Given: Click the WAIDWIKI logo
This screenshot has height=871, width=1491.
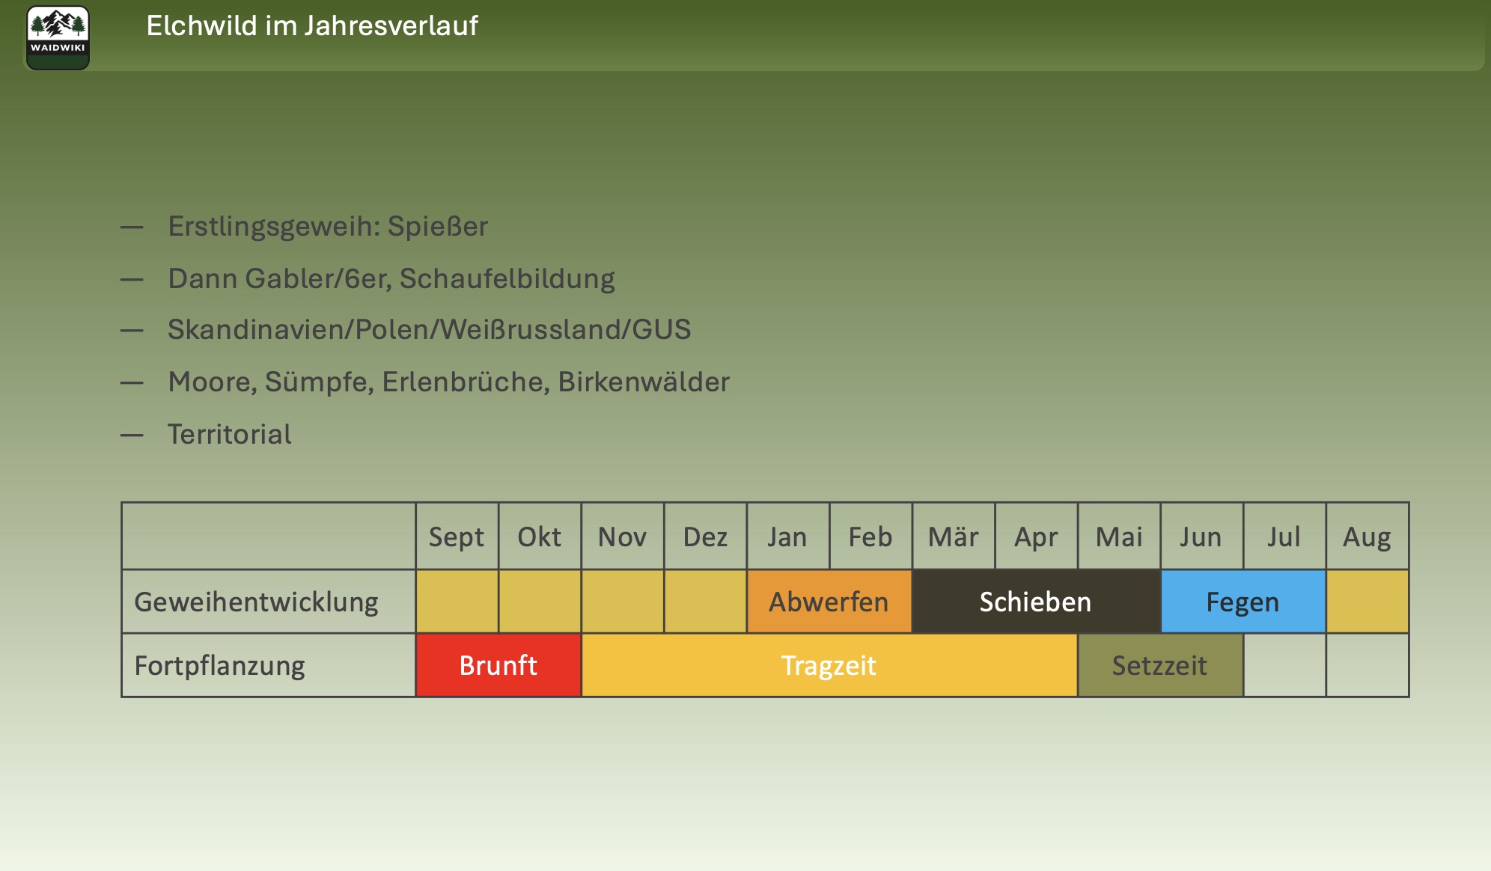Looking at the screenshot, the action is (58, 37).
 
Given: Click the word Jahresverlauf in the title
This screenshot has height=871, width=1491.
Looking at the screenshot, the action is (391, 26).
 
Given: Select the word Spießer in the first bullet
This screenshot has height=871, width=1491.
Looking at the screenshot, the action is (438, 226).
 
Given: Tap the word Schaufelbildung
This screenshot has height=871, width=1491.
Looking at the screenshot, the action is (507, 278).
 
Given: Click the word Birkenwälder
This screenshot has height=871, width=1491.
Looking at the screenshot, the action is (644, 382).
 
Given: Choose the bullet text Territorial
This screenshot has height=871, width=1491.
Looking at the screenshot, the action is (230, 434).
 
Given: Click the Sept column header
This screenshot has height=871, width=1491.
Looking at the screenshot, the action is (457, 537).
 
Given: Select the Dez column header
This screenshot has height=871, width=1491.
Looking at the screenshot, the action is (705, 537).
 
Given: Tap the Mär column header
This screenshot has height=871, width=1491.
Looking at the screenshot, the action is (954, 537).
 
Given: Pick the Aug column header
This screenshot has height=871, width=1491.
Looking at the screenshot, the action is (1367, 537).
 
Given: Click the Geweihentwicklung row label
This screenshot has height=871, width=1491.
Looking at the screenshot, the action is (256, 602).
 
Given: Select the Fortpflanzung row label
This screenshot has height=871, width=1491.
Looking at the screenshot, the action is (219, 666).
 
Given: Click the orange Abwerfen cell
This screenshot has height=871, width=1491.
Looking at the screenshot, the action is (829, 602).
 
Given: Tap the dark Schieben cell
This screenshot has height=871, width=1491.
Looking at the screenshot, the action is (1037, 602).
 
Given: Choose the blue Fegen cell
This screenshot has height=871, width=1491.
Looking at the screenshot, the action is (1243, 602).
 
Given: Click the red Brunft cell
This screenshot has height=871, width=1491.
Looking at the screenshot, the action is (498, 665).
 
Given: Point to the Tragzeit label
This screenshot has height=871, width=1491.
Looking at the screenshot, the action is (829, 665).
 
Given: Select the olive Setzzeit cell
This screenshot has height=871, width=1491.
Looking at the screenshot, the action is (1160, 665).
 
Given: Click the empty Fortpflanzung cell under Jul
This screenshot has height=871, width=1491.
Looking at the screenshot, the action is (1284, 665).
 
